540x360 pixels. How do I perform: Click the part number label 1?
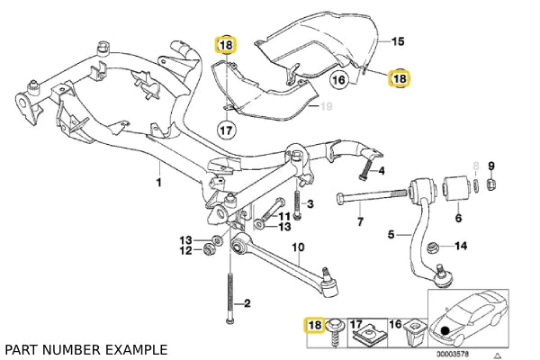click(158, 182)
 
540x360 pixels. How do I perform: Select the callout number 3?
click(309, 205)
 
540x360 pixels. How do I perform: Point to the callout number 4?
click(382, 170)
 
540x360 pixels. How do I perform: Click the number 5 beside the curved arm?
click(391, 236)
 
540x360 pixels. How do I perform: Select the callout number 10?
click(298, 247)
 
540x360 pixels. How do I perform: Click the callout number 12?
click(185, 250)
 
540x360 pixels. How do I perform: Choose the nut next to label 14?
click(434, 247)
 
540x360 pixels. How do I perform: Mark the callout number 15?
click(398, 41)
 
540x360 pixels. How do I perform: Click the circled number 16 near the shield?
click(338, 80)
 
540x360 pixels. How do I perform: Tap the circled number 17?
click(226, 130)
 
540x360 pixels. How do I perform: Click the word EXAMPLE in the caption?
click(136, 348)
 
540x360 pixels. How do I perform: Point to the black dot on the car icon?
click(447, 331)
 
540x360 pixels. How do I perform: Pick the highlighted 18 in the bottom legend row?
click(314, 324)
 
